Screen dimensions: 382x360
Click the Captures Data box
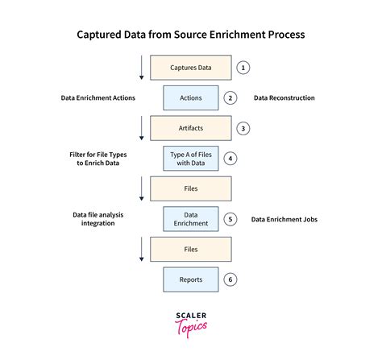pyautogui.click(x=191, y=68)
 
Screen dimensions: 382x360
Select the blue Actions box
pyautogui.click(x=191, y=98)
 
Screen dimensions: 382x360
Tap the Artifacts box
pyautogui.click(x=191, y=128)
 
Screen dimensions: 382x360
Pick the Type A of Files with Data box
pyautogui.click(x=191, y=159)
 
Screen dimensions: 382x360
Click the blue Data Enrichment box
pyautogui.click(x=191, y=219)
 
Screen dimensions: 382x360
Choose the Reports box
pyautogui.click(x=191, y=279)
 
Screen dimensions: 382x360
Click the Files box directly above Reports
pyautogui.click(x=191, y=249)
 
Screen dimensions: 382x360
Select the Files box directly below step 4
pyautogui.click(x=191, y=188)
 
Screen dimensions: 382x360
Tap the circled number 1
pyautogui.click(x=243, y=68)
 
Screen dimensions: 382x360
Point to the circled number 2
pyautogui.click(x=230, y=98)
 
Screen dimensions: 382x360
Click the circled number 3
pyautogui.click(x=243, y=128)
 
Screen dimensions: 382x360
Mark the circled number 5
pyautogui.click(x=230, y=219)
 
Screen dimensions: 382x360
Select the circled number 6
pyautogui.click(x=230, y=279)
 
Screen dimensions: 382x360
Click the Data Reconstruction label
pyautogui.click(x=284, y=98)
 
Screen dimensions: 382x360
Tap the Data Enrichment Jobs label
pyautogui.click(x=284, y=219)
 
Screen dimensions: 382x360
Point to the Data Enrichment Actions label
pyautogui.click(x=98, y=98)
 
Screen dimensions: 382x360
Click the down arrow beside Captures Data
pyautogui.click(x=141, y=68)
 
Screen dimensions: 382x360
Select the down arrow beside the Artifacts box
pyautogui.click(x=141, y=128)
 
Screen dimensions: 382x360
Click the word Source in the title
pyautogui.click(x=190, y=35)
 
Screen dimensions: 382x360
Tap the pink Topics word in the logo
pyautogui.click(x=191, y=328)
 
